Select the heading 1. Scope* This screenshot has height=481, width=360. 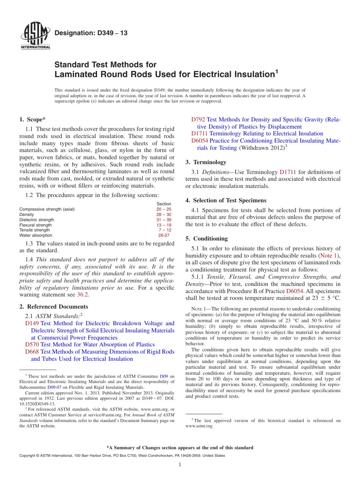point(33,119)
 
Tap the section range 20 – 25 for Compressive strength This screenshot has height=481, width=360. point(164,209)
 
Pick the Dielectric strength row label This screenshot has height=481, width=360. point(37,220)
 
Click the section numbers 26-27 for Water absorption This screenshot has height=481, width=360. point(164,235)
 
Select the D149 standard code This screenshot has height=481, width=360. point(32,323)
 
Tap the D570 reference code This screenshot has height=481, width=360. point(32,344)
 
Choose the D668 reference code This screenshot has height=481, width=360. point(32,352)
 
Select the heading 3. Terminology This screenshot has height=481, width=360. point(206,162)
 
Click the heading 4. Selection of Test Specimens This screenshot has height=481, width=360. point(226,200)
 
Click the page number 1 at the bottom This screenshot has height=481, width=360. point(180,464)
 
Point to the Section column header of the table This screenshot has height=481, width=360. point(164,204)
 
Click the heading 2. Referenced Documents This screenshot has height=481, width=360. point(53,307)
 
